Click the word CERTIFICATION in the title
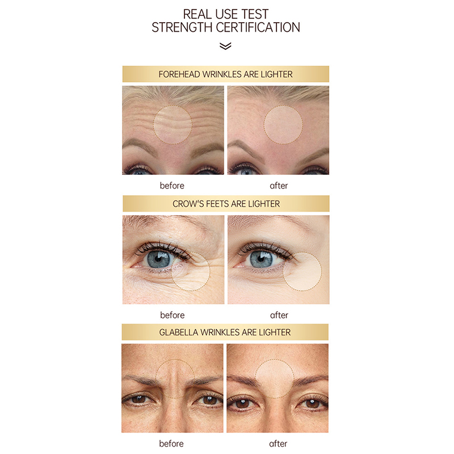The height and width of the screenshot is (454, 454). coord(258,27)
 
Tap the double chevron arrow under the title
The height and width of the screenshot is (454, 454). coord(225,47)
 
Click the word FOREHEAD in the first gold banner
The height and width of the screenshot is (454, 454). coord(179,74)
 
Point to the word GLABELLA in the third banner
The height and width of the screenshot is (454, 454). coord(178,332)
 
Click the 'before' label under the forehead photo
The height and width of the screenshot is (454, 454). coord(172,186)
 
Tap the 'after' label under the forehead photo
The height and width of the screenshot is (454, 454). coord(279,186)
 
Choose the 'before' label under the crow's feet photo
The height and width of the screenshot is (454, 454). coord(173,315)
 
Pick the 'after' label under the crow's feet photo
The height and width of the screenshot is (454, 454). coord(279,315)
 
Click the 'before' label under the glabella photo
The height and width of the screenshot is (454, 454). coord(171,443)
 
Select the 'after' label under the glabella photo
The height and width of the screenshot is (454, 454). coord(278,443)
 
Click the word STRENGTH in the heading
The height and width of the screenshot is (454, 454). coord(182,27)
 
